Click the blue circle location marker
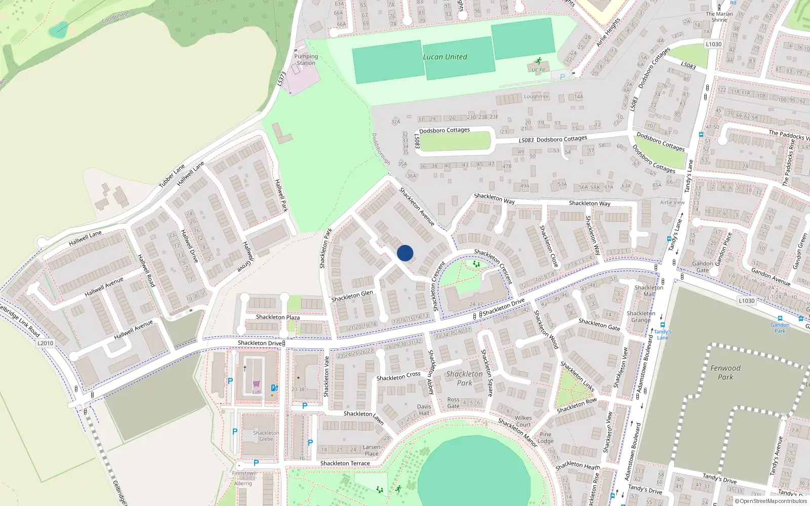click(405, 253)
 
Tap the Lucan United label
click(445, 57)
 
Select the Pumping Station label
click(306, 60)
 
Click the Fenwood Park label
click(725, 372)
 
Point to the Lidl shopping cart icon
click(257, 384)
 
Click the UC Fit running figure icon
click(538, 61)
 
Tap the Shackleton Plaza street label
click(277, 317)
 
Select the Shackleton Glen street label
click(352, 296)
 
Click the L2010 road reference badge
click(45, 343)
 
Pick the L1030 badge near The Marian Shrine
click(713, 45)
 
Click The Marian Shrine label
click(719, 17)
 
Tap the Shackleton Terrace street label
click(345, 463)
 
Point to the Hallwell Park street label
click(281, 195)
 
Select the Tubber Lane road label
click(172, 176)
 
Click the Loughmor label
click(536, 96)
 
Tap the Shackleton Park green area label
click(464, 378)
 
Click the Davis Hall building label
click(424, 410)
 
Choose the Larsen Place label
click(372, 450)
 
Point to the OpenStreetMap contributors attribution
click(771, 501)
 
